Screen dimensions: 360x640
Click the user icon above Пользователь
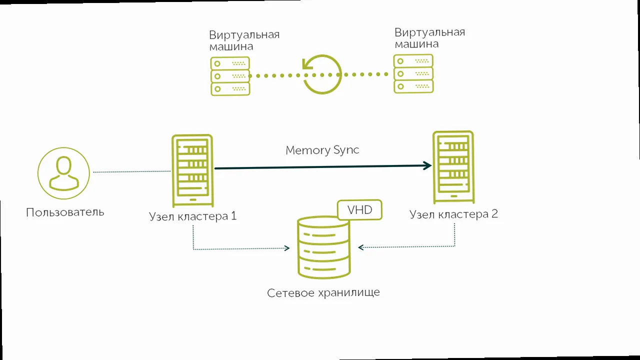(63, 173)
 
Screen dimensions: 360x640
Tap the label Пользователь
(65, 212)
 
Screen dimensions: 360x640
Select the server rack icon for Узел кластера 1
(192, 170)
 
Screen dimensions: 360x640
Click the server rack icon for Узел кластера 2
(453, 167)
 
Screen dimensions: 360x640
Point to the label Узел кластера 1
(192, 216)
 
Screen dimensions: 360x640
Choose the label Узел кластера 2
(453, 214)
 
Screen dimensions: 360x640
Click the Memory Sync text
(322, 150)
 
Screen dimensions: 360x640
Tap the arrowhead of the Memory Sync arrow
(427, 166)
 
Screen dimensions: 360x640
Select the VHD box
(360, 209)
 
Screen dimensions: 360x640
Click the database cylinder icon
(323, 247)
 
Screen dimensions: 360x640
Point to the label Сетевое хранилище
(323, 292)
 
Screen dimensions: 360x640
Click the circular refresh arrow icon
(322, 74)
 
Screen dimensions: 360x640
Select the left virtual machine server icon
(230, 76)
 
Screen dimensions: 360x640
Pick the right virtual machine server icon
(413, 74)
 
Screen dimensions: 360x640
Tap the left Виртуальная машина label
(244, 40)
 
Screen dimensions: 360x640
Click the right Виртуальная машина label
(429, 38)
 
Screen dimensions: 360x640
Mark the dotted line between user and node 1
(132, 172)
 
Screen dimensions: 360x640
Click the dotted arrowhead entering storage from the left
(287, 248)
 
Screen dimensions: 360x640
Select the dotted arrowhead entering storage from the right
(361, 247)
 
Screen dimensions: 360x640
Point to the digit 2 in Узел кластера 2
(494, 214)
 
